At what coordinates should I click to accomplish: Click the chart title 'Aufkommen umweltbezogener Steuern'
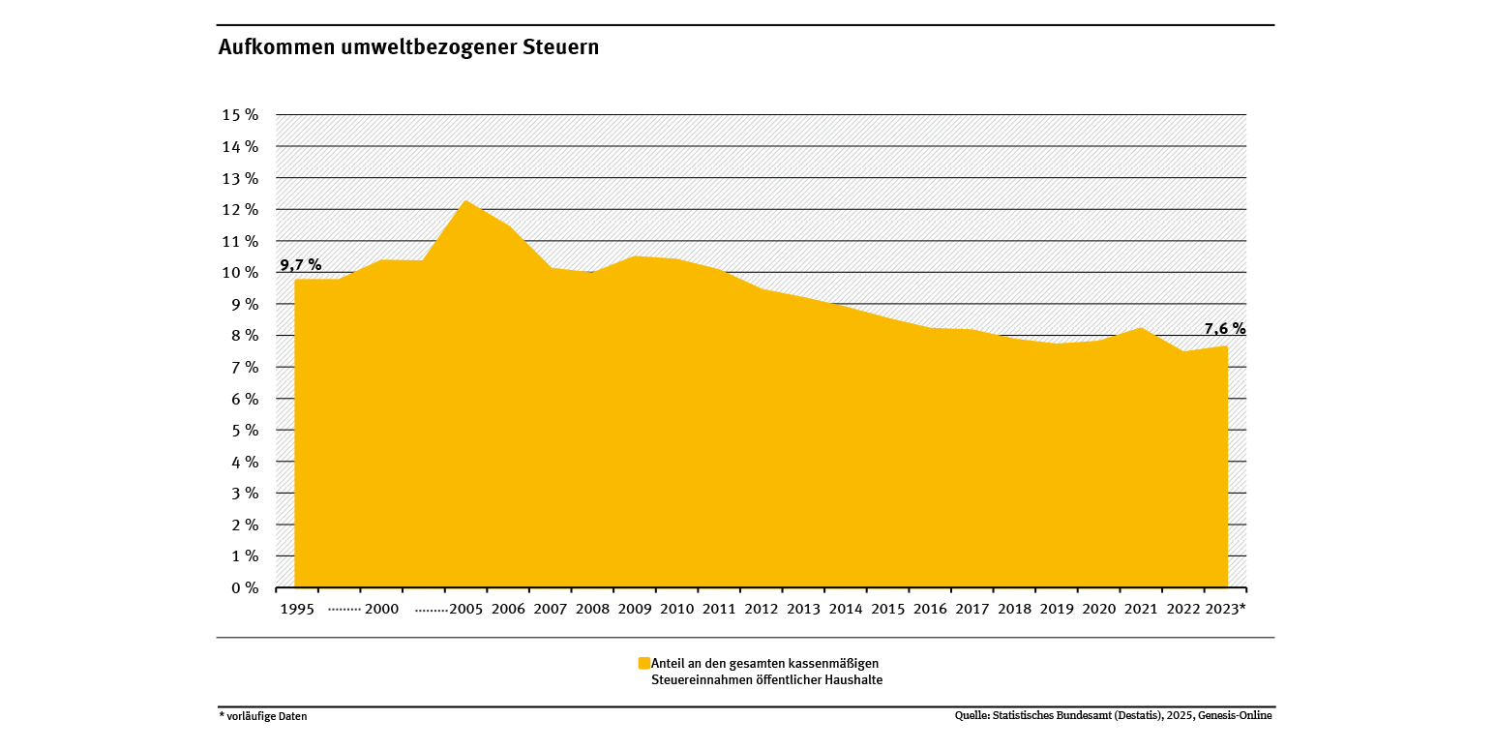click(408, 47)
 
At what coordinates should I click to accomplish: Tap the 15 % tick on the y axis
click(241, 114)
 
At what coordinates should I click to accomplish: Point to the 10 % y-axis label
click(241, 272)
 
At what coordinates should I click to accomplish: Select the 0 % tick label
click(245, 587)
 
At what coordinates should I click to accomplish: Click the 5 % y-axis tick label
click(245, 430)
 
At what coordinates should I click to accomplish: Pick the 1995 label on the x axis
click(297, 609)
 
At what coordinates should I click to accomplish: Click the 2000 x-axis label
click(382, 609)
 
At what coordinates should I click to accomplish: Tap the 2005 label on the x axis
click(466, 609)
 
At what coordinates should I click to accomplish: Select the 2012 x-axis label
click(762, 609)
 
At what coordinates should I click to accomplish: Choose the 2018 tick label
click(1014, 609)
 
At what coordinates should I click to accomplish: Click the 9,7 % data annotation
click(301, 264)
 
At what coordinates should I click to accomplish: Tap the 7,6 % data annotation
click(1225, 329)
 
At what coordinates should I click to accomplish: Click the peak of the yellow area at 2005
click(466, 201)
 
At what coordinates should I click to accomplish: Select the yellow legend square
click(643, 663)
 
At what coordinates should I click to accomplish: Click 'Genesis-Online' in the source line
click(1237, 715)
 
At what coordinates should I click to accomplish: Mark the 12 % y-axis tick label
click(241, 209)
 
